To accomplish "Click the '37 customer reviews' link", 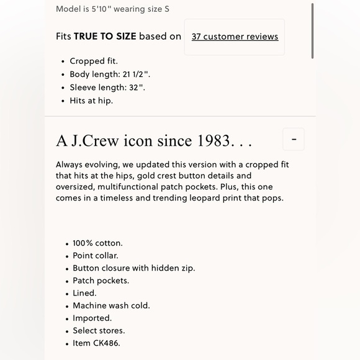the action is [235, 37].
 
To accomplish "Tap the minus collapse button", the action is [294, 139].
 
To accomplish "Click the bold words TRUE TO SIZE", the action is [105, 36].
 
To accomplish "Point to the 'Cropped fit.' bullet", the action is [94, 61].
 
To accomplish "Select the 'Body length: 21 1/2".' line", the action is [110, 74].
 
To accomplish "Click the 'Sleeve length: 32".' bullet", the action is [107, 88].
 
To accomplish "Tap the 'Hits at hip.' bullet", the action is [91, 101].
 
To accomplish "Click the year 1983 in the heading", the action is [214, 141].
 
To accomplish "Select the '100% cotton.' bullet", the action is [97, 243].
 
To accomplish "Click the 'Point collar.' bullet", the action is [96, 255].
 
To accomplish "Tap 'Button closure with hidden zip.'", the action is [133, 268].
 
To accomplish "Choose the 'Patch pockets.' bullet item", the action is [101, 281].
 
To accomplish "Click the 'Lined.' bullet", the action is [84, 293].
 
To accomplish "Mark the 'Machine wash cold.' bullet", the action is [111, 305].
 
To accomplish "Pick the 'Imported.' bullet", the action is [92, 318].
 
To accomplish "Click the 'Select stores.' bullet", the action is [99, 330].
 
